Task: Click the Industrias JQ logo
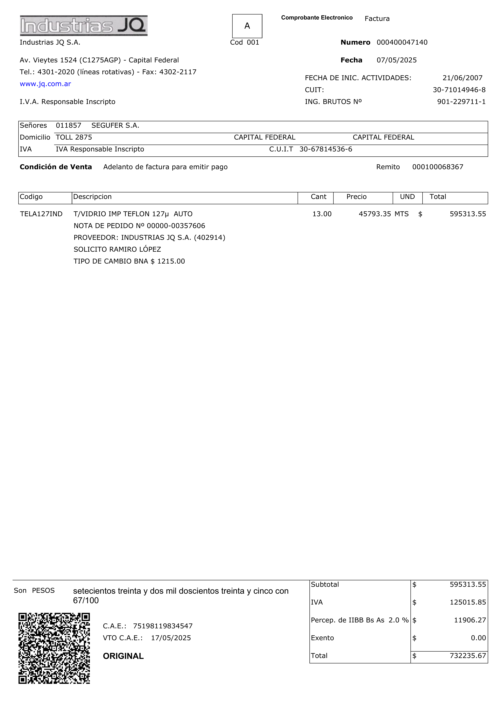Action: (84, 26)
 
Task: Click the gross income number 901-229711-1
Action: (461, 102)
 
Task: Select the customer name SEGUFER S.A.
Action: (115, 125)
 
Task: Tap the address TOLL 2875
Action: (74, 137)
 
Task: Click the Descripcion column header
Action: (92, 197)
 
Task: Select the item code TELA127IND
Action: (41, 214)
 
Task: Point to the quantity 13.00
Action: (322, 214)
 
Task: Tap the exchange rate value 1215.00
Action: (171, 261)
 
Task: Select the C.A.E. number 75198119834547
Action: (163, 626)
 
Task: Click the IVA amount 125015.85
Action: (468, 602)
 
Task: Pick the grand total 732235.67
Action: (468, 656)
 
